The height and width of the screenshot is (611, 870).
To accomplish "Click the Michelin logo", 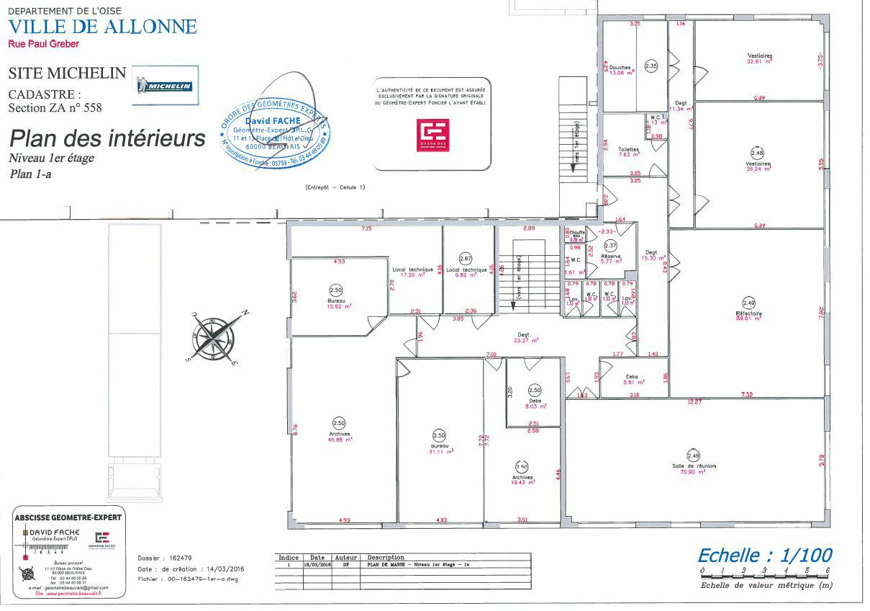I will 166,86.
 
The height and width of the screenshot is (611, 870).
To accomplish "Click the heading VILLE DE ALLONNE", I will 102,27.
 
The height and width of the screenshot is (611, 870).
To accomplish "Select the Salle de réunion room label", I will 694,466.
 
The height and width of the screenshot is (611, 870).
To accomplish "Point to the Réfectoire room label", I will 748,314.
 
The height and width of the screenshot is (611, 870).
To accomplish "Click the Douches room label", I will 620,67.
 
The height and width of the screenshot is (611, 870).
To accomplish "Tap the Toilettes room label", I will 628,149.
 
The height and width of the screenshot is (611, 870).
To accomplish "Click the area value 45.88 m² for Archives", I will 339,440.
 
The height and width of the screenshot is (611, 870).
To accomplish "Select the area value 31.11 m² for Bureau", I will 439,452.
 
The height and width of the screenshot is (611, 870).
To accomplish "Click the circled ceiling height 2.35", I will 651,66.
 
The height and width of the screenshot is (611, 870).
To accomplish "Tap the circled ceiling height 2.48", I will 757,153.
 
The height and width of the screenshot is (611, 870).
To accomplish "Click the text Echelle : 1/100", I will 764,555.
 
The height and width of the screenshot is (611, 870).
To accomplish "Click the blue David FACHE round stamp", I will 276,130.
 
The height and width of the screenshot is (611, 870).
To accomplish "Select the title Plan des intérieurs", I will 107,138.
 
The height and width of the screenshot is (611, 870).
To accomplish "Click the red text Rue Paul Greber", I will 43,44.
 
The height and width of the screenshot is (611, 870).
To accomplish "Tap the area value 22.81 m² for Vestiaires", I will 759,61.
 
